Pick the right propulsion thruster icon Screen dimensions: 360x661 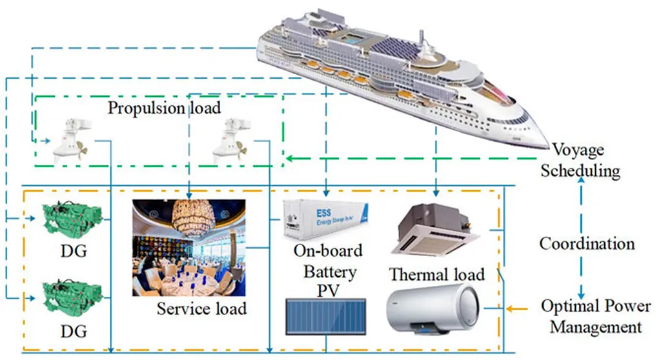tap(229, 140)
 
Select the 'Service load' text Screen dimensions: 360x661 tap(201, 309)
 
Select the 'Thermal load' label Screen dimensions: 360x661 tap(437, 274)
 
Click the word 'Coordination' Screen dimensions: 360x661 tap(587, 244)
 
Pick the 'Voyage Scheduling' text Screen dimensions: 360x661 tap(580, 161)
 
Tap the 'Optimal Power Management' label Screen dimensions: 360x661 tap(591, 316)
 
